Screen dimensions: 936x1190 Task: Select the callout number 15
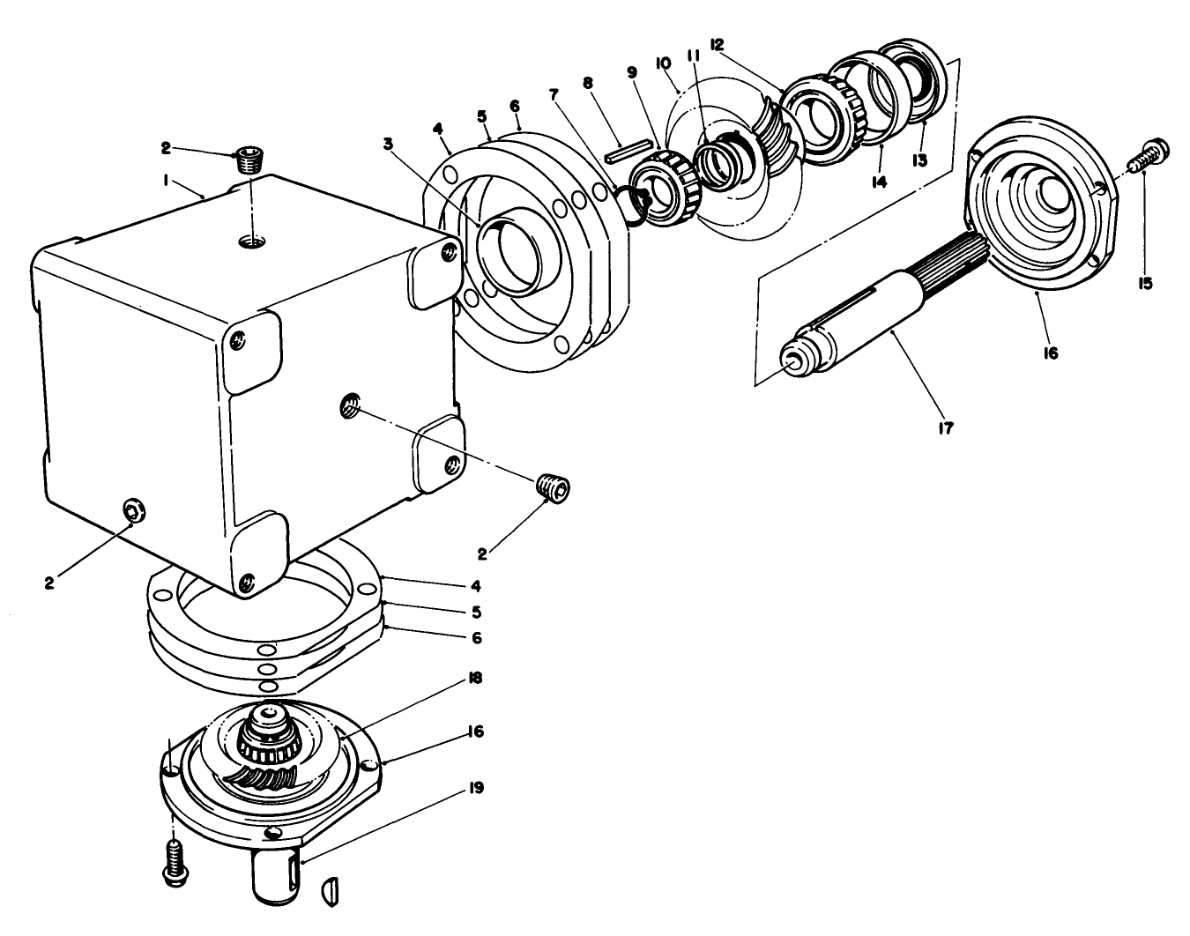1145,284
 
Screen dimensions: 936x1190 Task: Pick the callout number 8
588,85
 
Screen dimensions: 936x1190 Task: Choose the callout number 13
920,160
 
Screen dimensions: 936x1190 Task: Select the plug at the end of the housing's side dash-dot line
554,487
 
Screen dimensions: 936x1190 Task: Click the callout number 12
717,44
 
